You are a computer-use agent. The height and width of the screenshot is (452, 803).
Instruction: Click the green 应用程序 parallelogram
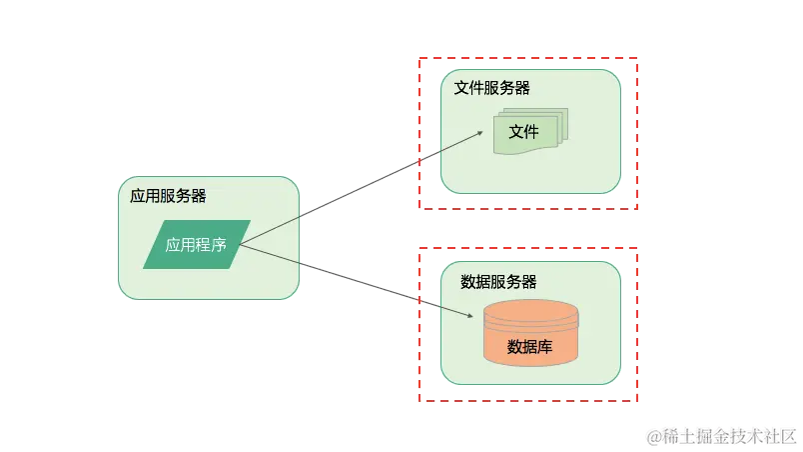(197, 244)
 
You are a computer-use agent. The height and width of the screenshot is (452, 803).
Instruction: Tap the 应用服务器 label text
(168, 196)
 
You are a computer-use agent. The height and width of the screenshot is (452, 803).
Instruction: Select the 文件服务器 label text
(491, 88)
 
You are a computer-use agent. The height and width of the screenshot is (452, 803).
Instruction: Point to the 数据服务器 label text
(498, 282)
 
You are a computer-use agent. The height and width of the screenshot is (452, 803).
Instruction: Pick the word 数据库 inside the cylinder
(530, 347)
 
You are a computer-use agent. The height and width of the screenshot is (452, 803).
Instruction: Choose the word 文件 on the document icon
(523, 132)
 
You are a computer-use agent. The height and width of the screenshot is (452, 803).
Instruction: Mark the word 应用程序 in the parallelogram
(196, 244)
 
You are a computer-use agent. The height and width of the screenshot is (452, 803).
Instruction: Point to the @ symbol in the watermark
(653, 434)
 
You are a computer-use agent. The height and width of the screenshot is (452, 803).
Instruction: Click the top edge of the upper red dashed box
(527, 58)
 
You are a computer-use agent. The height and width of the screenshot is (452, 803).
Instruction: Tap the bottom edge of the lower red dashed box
(527, 403)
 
